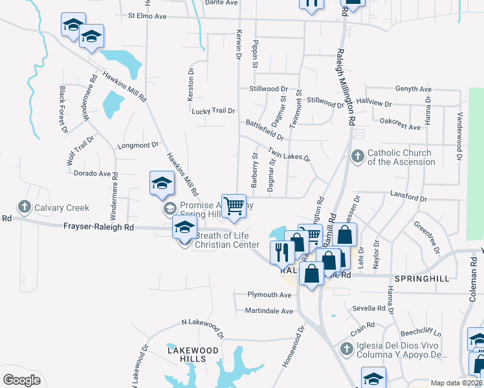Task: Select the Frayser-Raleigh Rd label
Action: [x=98, y=228]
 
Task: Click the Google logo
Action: [x=22, y=381]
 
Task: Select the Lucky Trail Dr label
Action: [x=214, y=111]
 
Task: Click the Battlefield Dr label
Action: [x=265, y=129]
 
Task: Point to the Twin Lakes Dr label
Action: [x=289, y=156]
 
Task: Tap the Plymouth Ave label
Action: [x=270, y=294]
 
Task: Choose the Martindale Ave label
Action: [x=269, y=311]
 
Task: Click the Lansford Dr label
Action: [x=409, y=193]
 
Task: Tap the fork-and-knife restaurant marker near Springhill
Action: [x=282, y=252]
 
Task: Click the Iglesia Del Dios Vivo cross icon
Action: [x=346, y=350]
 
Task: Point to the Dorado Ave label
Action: [x=93, y=174]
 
